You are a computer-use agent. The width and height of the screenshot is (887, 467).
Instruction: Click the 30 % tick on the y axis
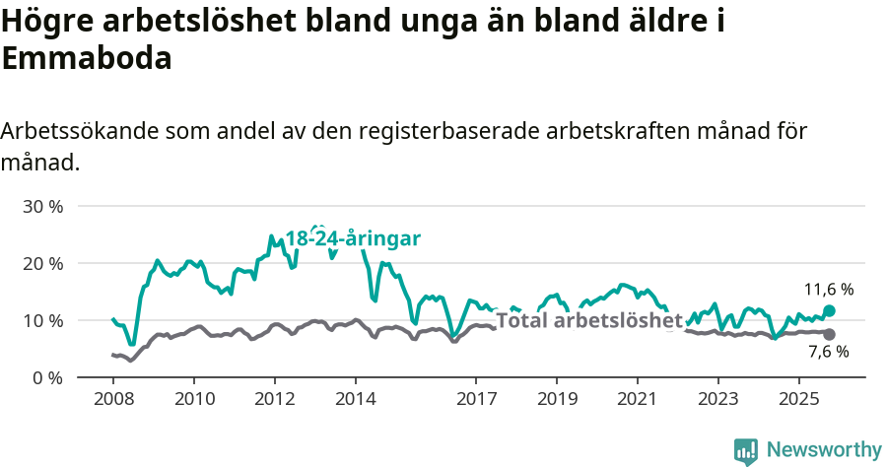pos(41,207)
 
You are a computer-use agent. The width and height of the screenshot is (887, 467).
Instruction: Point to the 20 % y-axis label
pos(41,264)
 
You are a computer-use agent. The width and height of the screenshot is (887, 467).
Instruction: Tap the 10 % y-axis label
pos(41,321)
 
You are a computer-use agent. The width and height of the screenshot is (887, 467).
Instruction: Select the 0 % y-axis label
pos(47,378)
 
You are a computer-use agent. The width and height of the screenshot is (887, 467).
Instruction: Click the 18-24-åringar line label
pos(353,239)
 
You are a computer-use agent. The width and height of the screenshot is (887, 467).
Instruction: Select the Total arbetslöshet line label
pos(589,320)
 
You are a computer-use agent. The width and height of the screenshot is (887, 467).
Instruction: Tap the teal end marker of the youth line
pos(829,310)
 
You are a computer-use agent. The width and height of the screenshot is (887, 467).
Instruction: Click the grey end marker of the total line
pos(829,335)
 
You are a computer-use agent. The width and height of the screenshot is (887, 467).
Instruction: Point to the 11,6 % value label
pos(829,290)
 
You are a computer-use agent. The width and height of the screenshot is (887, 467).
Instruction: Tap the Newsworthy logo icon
pos(746,451)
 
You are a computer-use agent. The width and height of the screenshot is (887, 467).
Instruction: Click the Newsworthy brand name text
pos(824,450)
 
